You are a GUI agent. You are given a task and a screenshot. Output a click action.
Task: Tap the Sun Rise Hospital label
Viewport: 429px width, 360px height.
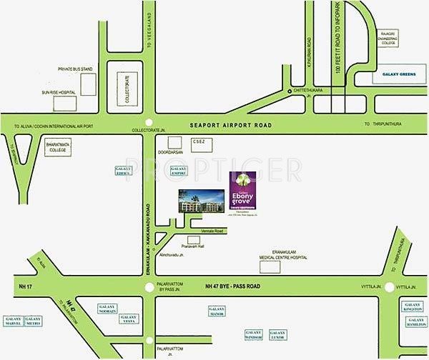tap(59, 93)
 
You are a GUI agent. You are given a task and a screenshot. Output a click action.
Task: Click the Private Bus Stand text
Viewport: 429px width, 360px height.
tap(76, 69)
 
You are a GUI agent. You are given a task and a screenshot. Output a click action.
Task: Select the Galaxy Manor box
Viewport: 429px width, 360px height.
tap(218, 311)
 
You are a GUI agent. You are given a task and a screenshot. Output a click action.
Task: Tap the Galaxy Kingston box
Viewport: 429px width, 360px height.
tap(413, 307)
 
